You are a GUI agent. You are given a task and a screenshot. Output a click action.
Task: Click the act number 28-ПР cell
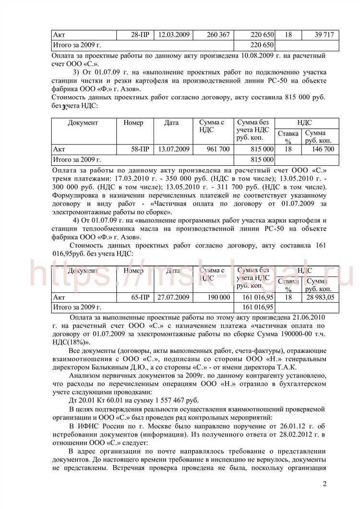(x=140, y=35)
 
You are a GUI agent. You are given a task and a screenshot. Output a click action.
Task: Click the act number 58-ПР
(x=140, y=149)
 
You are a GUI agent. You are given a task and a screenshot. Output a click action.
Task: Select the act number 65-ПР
(x=140, y=297)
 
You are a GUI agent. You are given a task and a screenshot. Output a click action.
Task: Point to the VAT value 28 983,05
(x=319, y=297)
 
